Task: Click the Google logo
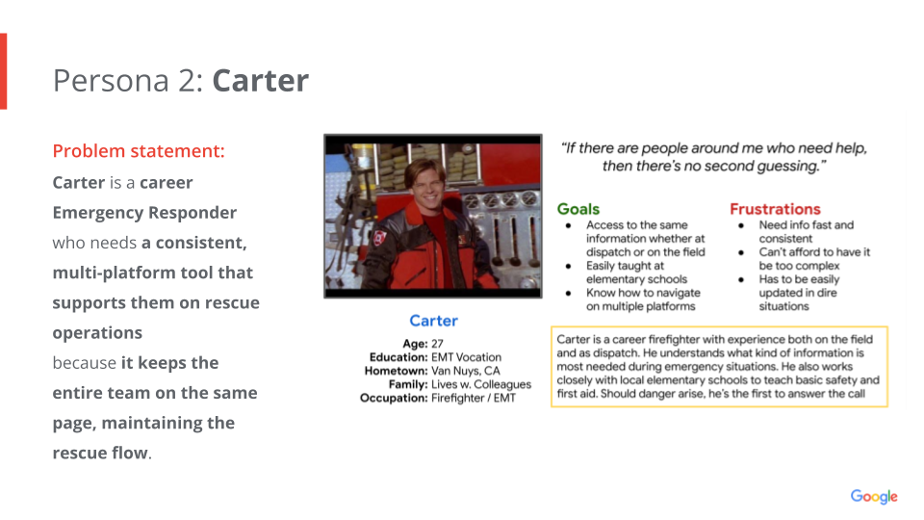(x=874, y=497)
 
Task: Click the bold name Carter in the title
(x=261, y=81)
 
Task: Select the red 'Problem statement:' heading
(x=139, y=151)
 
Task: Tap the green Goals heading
(x=578, y=209)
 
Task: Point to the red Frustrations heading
(x=775, y=209)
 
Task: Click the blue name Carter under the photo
(x=434, y=321)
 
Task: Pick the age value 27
(x=437, y=344)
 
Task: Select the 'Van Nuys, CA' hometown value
(x=466, y=371)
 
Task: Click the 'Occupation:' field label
(x=394, y=398)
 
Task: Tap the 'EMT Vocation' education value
(x=466, y=357)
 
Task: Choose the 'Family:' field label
(x=408, y=384)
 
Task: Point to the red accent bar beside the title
(x=4, y=71)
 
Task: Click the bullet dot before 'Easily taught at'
(x=568, y=267)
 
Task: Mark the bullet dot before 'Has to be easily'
(x=741, y=280)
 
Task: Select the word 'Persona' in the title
(x=111, y=81)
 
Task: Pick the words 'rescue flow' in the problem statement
(x=100, y=453)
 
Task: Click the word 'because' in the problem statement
(x=85, y=363)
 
